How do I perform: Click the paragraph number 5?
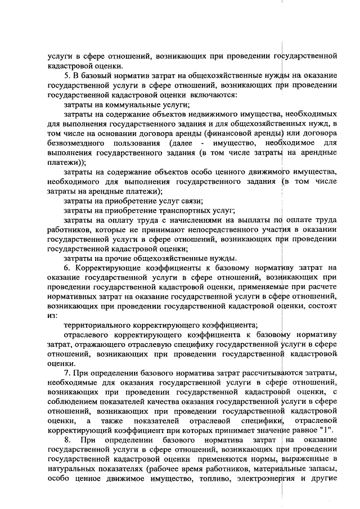coord(66,75)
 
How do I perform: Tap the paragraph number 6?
coord(66,268)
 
